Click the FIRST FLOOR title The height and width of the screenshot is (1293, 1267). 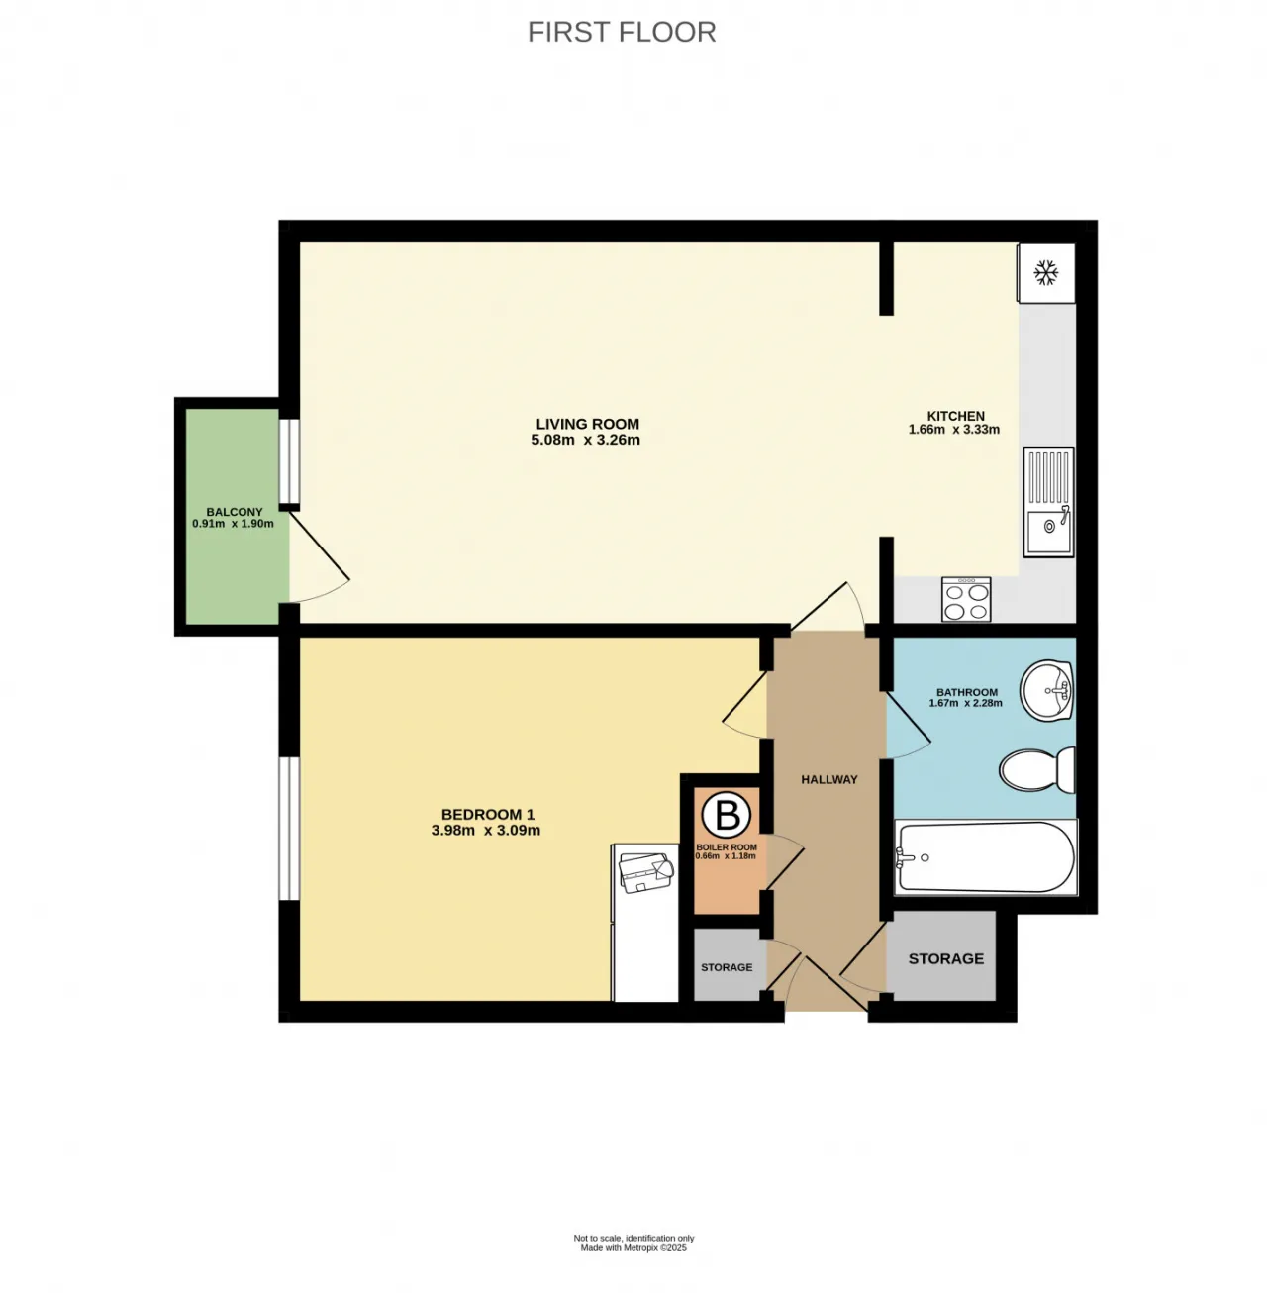(x=622, y=33)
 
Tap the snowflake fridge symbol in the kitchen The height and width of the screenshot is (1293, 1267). (x=1045, y=272)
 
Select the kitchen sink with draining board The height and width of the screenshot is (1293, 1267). (x=1048, y=501)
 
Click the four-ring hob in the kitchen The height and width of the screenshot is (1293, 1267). (x=966, y=599)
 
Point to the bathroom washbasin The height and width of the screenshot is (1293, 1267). (x=1046, y=690)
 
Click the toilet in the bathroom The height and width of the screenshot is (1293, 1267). (x=1036, y=769)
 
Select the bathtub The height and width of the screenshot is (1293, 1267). (x=985, y=856)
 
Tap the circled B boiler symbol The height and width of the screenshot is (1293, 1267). (x=727, y=815)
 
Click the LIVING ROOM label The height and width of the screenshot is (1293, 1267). (x=587, y=424)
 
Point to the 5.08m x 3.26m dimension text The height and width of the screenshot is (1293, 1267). (x=585, y=440)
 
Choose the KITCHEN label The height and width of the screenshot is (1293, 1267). (x=955, y=416)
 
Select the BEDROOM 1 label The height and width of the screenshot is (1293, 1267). (x=487, y=814)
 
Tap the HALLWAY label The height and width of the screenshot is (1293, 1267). (x=829, y=779)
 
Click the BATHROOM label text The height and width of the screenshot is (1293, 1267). (x=967, y=692)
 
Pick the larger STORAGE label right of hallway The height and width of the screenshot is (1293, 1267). (x=946, y=958)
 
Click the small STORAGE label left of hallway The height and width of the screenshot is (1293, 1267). (x=727, y=967)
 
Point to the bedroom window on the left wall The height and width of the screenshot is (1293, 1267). (x=289, y=828)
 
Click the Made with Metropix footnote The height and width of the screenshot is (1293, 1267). (x=633, y=1248)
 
